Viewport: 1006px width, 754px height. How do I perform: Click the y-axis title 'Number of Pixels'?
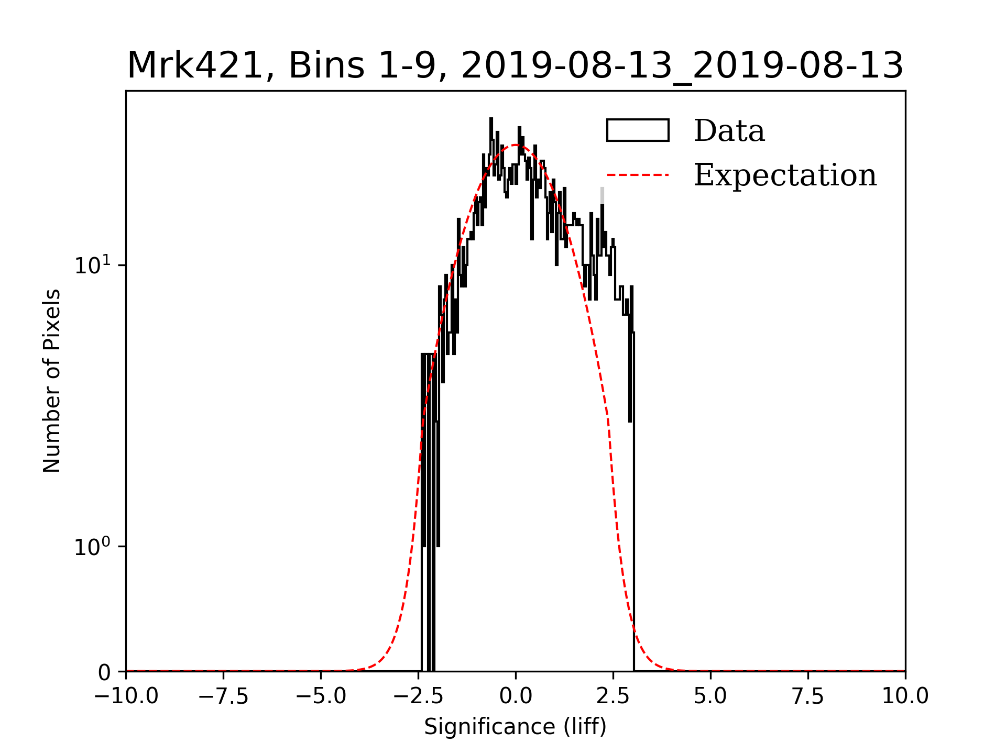click(52, 381)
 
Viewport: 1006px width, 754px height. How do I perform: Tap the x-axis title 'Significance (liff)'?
click(515, 727)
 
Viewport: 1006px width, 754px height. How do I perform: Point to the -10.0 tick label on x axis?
click(126, 696)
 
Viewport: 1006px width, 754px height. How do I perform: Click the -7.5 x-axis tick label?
click(224, 696)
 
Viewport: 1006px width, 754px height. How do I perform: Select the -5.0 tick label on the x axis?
click(321, 696)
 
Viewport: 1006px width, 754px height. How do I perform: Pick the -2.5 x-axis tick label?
click(419, 696)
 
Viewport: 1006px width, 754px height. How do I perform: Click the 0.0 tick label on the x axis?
click(516, 696)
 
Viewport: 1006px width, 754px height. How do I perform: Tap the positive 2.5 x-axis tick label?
click(613, 696)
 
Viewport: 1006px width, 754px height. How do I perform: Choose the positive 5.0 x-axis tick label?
click(710, 696)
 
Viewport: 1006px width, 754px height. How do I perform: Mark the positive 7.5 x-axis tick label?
click(808, 696)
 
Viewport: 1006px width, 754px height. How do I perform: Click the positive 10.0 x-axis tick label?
click(905, 696)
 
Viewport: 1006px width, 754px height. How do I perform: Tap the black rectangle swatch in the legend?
click(638, 130)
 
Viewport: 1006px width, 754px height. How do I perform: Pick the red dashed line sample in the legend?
click(638, 175)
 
